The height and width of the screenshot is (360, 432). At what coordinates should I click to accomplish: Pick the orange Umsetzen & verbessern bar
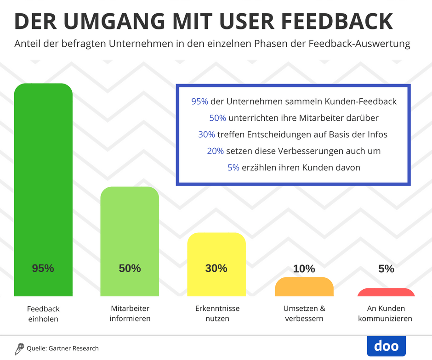coord(304,287)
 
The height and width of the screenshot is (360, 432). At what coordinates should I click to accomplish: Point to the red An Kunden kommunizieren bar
coord(386,292)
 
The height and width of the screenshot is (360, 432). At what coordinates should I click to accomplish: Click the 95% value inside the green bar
coord(43,269)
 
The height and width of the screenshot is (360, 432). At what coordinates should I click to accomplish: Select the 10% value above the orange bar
coord(304,269)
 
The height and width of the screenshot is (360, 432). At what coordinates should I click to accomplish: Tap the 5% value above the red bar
coord(386,269)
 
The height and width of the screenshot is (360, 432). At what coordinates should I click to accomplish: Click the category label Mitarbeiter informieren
coord(130,313)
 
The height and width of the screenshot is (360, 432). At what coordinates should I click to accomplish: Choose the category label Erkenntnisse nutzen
coord(217,313)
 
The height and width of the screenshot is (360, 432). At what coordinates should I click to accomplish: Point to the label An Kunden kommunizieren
coord(386,313)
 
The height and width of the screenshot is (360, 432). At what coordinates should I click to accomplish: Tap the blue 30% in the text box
coord(207,135)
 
